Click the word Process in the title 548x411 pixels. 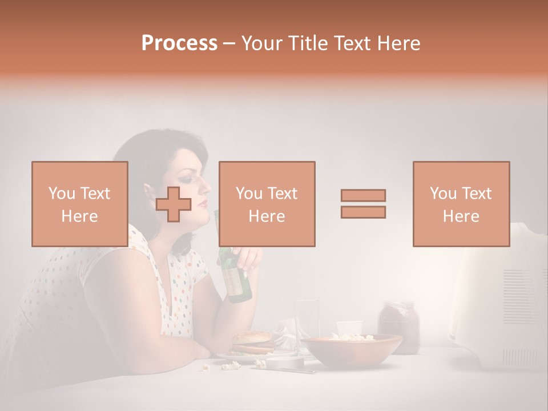(179, 43)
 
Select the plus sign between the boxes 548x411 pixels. (174, 204)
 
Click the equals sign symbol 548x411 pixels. (363, 203)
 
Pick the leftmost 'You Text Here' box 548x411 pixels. (79, 204)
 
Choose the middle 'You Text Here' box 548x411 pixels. (267, 204)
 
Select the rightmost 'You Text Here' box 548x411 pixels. (461, 204)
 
